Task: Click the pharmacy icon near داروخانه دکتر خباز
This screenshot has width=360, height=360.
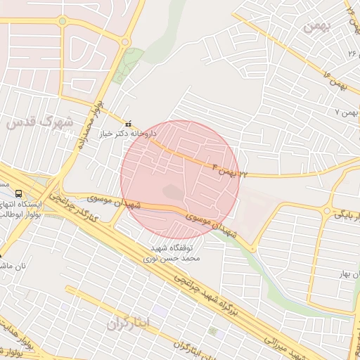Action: point(127,124)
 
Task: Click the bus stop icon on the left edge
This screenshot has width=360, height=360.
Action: point(18,193)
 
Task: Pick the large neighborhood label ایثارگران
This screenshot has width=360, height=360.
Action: point(129,323)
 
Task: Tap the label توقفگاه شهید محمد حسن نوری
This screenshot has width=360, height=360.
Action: point(175,253)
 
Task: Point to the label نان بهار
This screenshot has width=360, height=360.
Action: point(345,272)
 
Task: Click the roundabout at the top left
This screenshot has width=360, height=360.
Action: point(62,21)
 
